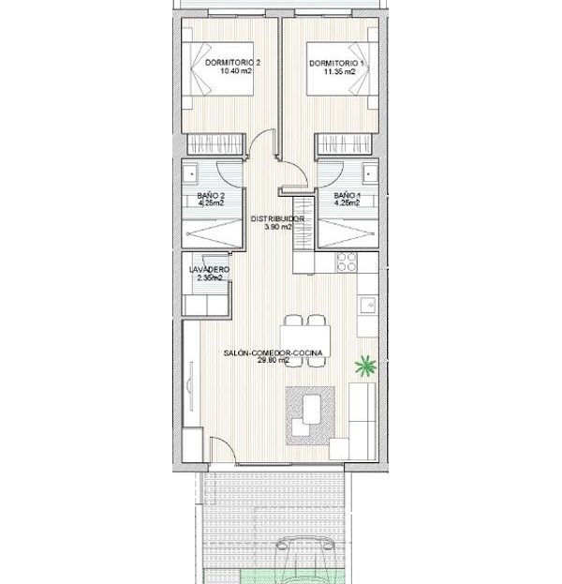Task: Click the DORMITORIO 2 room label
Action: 232,63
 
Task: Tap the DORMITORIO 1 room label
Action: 337,63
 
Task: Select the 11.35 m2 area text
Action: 339,72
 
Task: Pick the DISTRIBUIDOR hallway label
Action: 277,219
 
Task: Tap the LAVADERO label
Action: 209,269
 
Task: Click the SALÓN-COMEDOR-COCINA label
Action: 273,352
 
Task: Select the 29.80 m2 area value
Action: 274,360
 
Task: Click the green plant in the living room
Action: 366,367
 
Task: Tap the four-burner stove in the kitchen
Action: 347,262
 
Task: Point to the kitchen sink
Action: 368,305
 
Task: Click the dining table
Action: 305,340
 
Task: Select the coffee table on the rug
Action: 312,409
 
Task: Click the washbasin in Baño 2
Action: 191,173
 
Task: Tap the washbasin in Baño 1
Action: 370,173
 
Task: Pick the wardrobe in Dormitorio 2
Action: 214,143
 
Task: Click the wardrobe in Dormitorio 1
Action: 343,143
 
